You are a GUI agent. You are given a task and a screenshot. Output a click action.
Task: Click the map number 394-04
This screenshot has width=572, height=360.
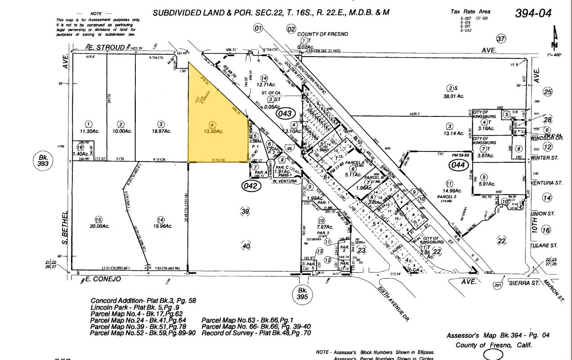click(533, 13)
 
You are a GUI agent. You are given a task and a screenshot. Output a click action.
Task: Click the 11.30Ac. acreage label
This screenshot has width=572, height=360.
click(89, 131)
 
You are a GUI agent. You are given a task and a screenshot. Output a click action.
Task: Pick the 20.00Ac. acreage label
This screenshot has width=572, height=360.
click(99, 226)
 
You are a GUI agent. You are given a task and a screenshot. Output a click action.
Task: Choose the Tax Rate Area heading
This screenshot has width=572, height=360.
click(471, 11)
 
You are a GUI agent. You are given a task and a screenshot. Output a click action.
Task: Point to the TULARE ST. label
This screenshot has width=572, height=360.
click(544, 246)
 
